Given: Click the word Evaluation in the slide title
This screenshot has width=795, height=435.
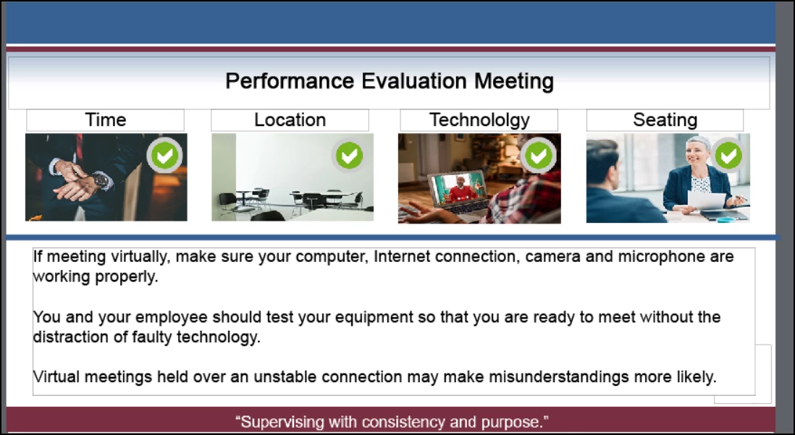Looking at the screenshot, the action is (414, 80).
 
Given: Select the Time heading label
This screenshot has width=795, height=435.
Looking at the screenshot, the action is (106, 119).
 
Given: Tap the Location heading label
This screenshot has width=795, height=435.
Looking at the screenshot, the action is (290, 119).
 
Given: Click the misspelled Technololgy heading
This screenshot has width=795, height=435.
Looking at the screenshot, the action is (479, 120).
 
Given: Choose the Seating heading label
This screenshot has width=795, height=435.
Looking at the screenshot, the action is (665, 120).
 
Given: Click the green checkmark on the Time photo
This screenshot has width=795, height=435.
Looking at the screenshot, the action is (165, 155).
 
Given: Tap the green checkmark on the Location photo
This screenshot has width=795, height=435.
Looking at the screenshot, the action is (349, 155).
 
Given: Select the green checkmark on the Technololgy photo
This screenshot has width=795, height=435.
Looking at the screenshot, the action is (539, 155).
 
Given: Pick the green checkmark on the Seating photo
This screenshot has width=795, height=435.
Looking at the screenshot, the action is (728, 155).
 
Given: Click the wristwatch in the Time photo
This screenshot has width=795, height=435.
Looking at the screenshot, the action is (101, 180).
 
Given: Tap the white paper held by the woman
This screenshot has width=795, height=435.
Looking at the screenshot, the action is (706, 200).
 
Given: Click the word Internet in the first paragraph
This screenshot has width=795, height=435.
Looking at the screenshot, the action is (402, 256).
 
